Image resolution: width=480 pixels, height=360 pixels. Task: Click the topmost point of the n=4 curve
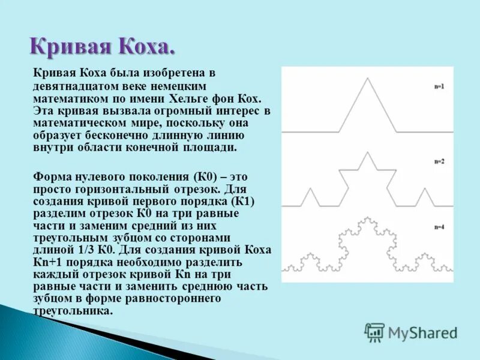pos(365,216)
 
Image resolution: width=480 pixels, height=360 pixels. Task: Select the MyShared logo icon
pos(375,332)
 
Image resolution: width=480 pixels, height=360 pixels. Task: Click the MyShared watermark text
pos(422,333)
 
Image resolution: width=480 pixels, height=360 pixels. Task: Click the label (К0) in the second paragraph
pos(206,177)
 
